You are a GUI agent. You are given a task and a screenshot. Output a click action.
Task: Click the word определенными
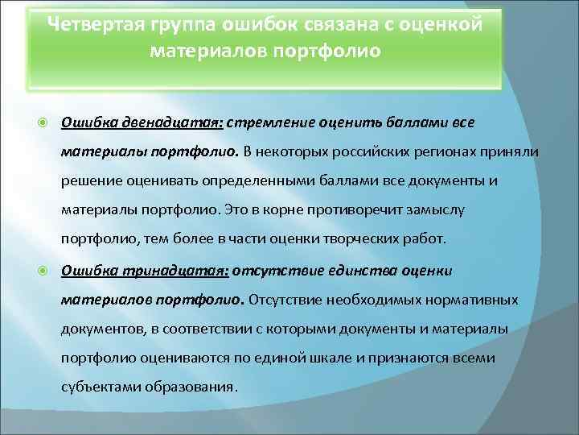tap(244, 180)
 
